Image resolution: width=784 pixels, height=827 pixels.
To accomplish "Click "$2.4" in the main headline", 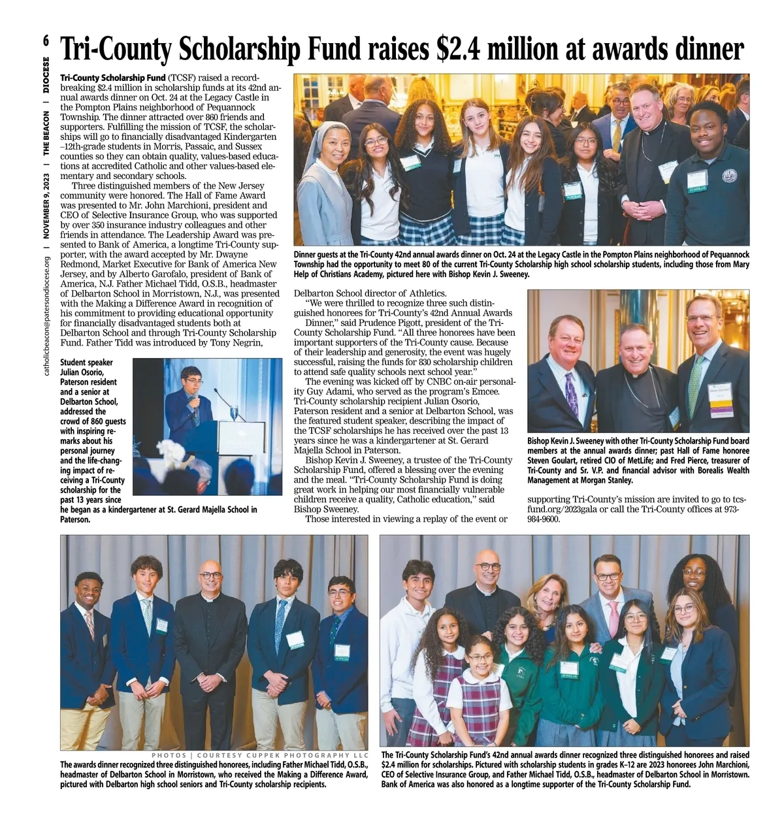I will coord(462,50).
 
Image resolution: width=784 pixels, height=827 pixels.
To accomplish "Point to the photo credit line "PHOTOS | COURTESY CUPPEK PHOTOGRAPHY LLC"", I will coord(260,755).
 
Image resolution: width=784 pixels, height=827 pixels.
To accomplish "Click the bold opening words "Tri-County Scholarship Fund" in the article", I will coord(112,78).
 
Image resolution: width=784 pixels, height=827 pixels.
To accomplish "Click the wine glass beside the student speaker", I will coord(233,413).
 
